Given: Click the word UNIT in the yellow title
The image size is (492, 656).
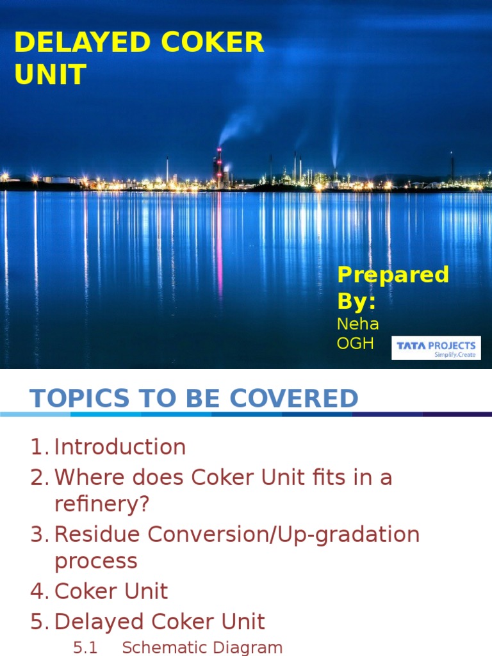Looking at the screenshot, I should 50,75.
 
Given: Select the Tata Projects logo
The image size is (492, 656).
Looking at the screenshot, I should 436,348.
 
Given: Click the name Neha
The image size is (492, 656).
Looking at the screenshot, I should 357,324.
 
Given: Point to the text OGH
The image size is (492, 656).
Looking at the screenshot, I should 356,344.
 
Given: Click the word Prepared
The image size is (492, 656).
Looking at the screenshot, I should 393,275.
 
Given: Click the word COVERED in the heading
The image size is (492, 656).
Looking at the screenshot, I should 294,398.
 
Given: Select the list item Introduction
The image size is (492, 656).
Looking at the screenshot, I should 120,447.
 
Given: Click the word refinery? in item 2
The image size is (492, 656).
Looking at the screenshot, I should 102,504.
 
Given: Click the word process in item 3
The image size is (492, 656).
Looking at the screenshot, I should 96,561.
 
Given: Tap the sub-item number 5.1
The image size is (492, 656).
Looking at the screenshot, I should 85,648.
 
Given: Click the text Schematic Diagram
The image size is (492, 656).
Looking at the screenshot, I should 202,648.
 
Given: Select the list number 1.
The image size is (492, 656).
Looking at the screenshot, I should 38,447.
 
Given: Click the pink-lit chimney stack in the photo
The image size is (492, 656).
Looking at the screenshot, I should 219,165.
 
